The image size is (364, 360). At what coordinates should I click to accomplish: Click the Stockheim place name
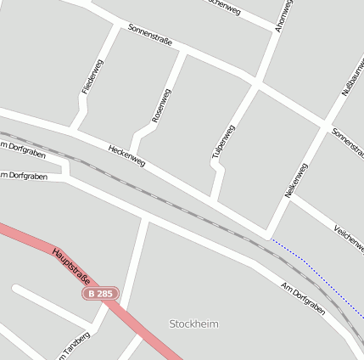(193, 324)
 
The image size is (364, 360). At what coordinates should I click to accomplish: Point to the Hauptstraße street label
(71, 266)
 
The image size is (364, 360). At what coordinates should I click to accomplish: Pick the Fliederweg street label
(92, 76)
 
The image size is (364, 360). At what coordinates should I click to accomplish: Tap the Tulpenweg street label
(223, 142)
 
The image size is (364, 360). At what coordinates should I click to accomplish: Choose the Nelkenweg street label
(296, 180)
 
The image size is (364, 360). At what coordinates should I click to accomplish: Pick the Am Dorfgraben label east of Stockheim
(303, 298)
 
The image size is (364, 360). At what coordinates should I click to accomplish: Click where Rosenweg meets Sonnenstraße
(183, 52)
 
